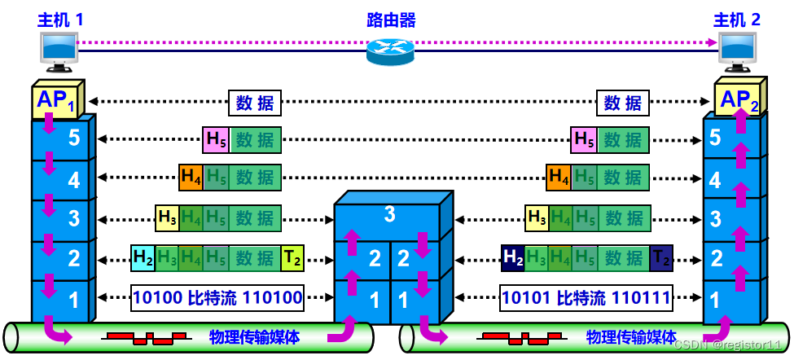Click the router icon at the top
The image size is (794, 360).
391,50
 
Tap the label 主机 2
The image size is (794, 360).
736,20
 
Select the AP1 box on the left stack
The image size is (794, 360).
55,102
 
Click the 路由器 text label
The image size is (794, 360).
390,18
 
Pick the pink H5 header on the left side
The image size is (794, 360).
216,139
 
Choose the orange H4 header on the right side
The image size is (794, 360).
559,175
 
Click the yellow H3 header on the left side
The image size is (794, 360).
167,217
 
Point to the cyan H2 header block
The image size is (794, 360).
143,258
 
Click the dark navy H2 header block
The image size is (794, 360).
513,258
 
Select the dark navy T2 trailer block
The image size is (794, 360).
661,258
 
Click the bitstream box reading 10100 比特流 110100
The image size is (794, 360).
217,299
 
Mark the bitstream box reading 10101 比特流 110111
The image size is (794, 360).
586,299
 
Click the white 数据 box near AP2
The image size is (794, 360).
623,103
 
